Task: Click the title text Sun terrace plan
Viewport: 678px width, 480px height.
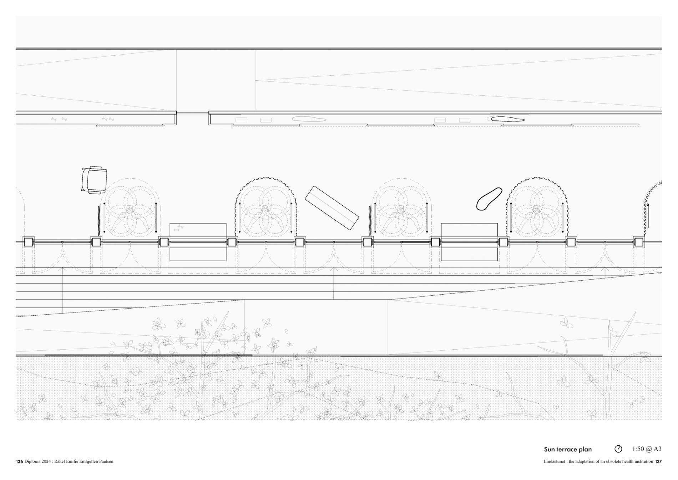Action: [567, 449]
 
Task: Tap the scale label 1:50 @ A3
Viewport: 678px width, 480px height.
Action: [647, 449]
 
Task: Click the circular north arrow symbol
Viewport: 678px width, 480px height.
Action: [618, 449]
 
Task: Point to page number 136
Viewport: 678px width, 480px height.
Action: [19, 461]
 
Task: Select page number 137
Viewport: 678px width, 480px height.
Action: [658, 461]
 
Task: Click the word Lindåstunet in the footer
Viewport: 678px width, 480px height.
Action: [555, 461]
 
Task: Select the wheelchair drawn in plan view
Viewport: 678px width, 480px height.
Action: [94, 180]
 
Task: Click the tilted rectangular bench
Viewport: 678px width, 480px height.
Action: [332, 208]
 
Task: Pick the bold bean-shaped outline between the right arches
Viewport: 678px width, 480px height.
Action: [489, 199]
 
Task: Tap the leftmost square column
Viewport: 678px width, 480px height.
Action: [29, 242]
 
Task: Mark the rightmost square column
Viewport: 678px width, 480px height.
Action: [639, 242]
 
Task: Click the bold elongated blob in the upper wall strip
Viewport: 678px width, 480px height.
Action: [507, 119]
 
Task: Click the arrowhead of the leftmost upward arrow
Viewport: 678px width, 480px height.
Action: [62, 268]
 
